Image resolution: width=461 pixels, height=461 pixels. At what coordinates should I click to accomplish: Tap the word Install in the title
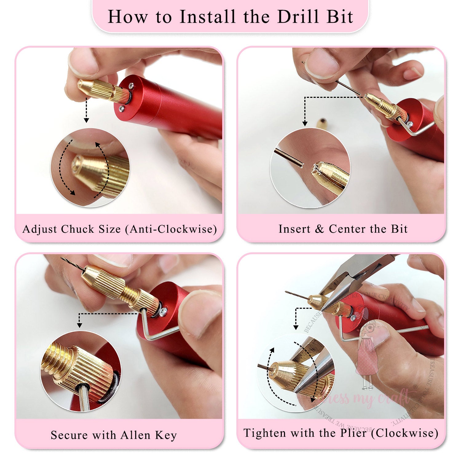pyautogui.click(x=207, y=17)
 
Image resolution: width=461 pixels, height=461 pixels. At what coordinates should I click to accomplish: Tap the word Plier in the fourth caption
pyautogui.click(x=353, y=433)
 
